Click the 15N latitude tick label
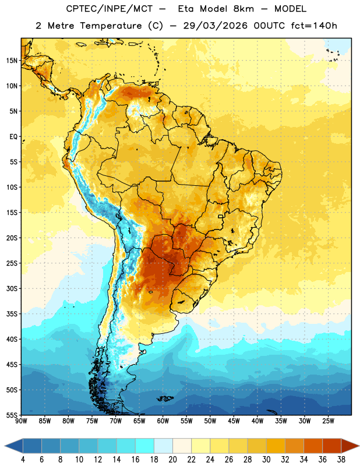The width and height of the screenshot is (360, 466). tap(12, 61)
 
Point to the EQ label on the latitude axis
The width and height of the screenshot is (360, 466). tap(13, 137)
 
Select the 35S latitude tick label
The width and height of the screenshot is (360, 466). tap(12, 314)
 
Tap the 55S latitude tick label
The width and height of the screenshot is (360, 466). tap(12, 415)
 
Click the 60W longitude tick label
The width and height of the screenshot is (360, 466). tap(163, 421)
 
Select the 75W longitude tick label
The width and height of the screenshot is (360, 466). tap(92, 421)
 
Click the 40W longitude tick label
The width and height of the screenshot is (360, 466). tap(257, 421)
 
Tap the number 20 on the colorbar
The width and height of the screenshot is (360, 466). tap(172, 460)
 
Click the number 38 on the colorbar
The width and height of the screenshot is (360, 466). tap(341, 460)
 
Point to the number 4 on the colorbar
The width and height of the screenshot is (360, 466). tap(23, 460)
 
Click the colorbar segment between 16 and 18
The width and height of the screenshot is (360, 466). tap(144, 446)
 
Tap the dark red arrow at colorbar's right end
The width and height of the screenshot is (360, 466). tap(350, 446)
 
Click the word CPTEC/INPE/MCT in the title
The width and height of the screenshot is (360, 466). tap(110, 9)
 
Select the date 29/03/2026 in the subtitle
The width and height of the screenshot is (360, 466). tap(215, 26)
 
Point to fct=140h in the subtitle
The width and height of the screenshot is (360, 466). tap(314, 26)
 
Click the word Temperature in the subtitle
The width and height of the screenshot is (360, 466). tap(111, 26)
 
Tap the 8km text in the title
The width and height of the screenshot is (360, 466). tap(243, 9)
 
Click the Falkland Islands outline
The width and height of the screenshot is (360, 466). tap(165, 398)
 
